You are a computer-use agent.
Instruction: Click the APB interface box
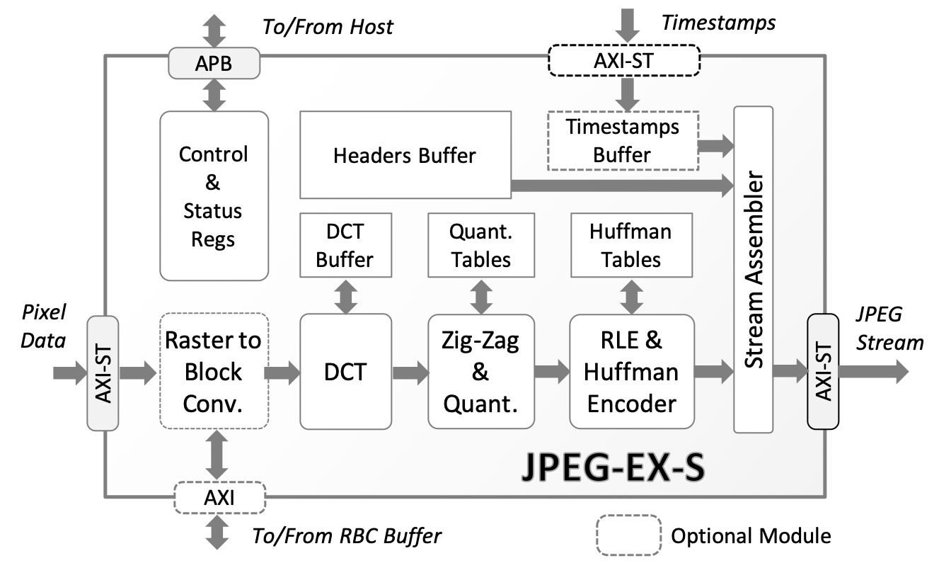click(x=214, y=64)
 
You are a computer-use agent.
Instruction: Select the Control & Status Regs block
click(x=214, y=196)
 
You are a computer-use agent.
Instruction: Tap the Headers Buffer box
click(x=405, y=154)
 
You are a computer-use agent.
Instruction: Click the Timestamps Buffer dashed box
click(x=623, y=140)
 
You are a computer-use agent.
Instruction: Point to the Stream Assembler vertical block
click(x=753, y=269)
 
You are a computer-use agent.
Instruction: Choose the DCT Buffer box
click(x=345, y=244)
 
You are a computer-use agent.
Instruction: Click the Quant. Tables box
click(x=481, y=244)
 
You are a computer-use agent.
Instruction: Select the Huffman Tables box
click(x=630, y=244)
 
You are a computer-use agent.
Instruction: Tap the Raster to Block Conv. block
click(x=214, y=372)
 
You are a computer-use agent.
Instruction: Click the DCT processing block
click(x=345, y=372)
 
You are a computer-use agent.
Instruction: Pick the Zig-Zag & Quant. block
click(x=481, y=372)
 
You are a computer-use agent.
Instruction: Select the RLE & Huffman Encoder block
click(x=631, y=372)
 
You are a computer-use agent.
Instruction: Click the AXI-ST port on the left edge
click(x=103, y=372)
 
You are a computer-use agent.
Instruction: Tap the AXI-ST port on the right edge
click(x=822, y=372)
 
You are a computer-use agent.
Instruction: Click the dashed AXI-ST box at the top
click(x=623, y=61)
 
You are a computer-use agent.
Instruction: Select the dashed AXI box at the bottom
click(x=219, y=497)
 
